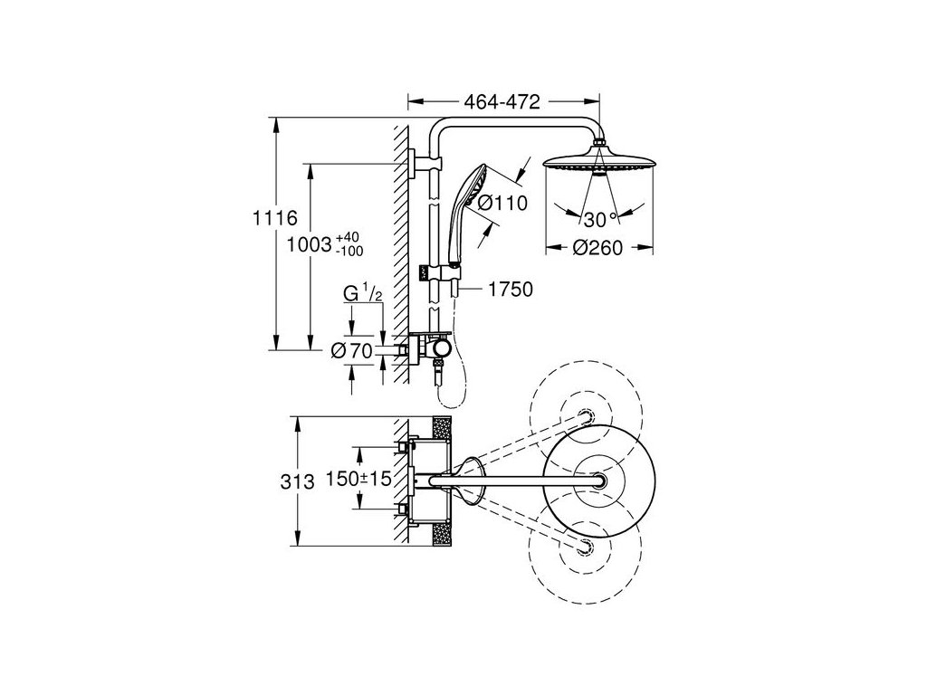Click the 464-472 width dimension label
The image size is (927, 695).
tap(502, 102)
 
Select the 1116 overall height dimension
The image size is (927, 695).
tap(275, 218)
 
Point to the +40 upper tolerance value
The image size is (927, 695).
tap(347, 238)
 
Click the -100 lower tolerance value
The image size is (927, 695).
tap(349, 252)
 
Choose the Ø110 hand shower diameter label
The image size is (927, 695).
tap(502, 204)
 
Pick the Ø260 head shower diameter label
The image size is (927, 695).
tap(597, 248)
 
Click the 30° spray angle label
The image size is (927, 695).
tap(600, 220)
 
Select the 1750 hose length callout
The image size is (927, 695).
tap(511, 290)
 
